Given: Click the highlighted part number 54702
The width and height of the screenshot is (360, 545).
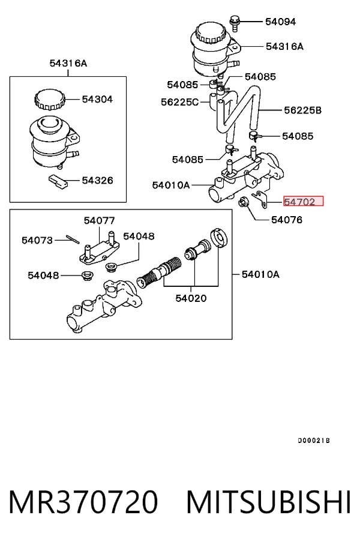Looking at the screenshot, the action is point(304,201).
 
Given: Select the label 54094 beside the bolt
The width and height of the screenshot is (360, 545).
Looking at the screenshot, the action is point(280,22).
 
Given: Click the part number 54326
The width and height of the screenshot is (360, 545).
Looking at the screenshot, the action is point(97,181).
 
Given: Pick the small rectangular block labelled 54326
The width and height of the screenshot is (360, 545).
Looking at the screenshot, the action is point(58,182).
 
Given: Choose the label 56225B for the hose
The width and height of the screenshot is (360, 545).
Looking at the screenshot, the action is point(302,110).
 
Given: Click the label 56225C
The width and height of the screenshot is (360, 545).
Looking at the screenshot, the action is point(179,102).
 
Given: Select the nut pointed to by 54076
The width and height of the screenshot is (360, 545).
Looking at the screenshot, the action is point(242,202).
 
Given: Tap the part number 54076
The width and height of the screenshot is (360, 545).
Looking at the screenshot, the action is point(287,220).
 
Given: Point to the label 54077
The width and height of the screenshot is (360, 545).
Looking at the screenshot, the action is point(99,221).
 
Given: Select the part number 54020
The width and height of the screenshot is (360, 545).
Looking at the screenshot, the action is point(191,298).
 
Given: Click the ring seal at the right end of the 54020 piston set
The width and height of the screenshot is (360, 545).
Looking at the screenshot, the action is point(220,238).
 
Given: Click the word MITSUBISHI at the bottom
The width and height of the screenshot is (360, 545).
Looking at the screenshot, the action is point(269,502).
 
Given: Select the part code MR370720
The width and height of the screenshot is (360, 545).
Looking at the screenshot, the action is point(83,502).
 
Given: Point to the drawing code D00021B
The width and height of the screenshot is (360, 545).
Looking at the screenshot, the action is point(314,441).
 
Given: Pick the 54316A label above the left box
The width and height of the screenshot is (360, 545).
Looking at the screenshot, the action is point(68,63).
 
